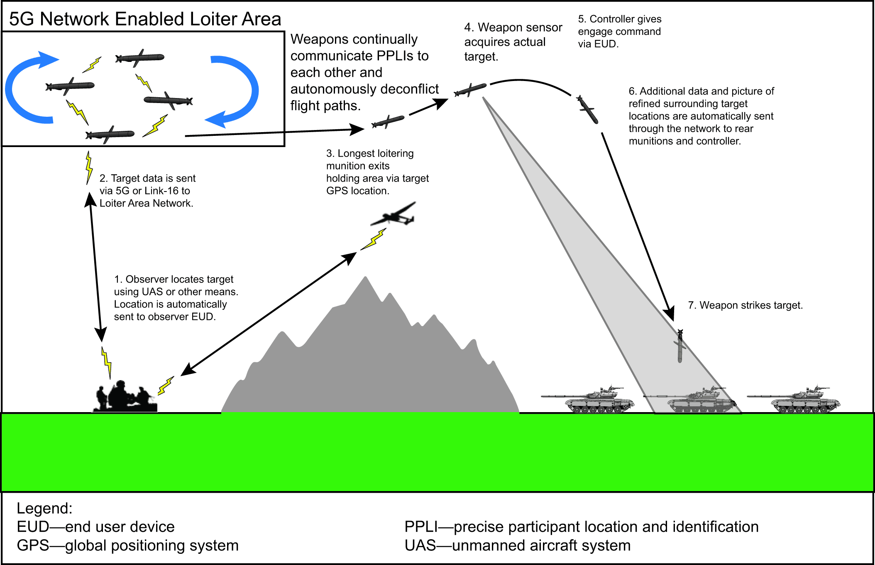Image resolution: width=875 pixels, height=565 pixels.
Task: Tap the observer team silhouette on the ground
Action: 125,397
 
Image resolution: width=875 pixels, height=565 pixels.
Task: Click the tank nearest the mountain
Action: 594,401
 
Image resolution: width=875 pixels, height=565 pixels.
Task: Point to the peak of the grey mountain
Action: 366,279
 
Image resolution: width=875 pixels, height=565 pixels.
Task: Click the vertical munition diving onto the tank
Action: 679,346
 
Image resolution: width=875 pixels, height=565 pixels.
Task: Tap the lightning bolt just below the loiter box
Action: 88,167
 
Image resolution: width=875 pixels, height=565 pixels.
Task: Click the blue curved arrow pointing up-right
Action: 29,83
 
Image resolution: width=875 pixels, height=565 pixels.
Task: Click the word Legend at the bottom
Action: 44,508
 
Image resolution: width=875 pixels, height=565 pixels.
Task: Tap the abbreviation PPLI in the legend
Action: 421,527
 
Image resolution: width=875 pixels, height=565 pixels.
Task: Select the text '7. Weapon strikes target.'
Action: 745,305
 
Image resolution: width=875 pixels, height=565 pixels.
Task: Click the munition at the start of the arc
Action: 470,90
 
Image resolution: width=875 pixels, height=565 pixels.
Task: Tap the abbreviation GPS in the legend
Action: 33,545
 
